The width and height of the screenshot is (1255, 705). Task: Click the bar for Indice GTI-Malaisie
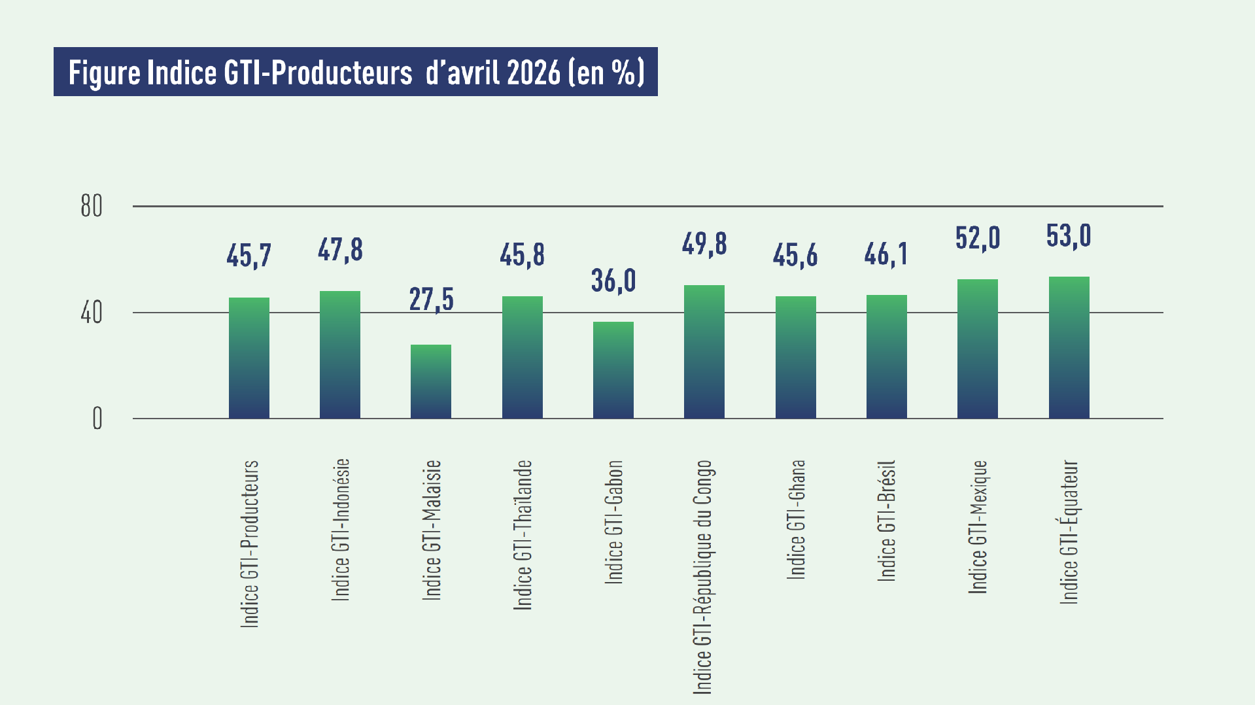tap(431, 381)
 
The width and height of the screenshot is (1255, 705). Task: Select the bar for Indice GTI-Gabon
tap(613, 370)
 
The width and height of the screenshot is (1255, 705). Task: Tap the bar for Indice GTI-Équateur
tap(1069, 347)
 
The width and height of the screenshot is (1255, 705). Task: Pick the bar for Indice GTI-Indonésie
tap(340, 354)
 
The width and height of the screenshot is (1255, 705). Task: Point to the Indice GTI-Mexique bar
tap(978, 349)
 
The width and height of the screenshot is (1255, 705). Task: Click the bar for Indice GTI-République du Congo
tap(704, 352)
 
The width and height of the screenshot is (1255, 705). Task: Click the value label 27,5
tap(432, 300)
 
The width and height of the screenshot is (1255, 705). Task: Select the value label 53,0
tap(1069, 235)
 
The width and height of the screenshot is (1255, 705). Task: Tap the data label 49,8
tap(704, 244)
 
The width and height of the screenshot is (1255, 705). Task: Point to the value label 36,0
tap(613, 281)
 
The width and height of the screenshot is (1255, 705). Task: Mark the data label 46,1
tap(886, 254)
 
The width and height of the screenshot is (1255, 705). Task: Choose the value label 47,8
tap(340, 250)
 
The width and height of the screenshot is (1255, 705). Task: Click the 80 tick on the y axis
tap(92, 206)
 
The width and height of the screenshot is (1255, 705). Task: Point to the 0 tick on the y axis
tap(97, 419)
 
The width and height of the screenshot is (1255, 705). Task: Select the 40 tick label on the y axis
tap(92, 313)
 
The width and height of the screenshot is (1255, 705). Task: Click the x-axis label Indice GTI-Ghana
tap(796, 520)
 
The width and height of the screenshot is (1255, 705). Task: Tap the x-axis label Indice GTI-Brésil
tap(886, 521)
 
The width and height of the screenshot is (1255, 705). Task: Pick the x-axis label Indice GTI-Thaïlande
tap(523, 535)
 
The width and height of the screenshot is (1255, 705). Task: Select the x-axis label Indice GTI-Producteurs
tap(250, 544)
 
